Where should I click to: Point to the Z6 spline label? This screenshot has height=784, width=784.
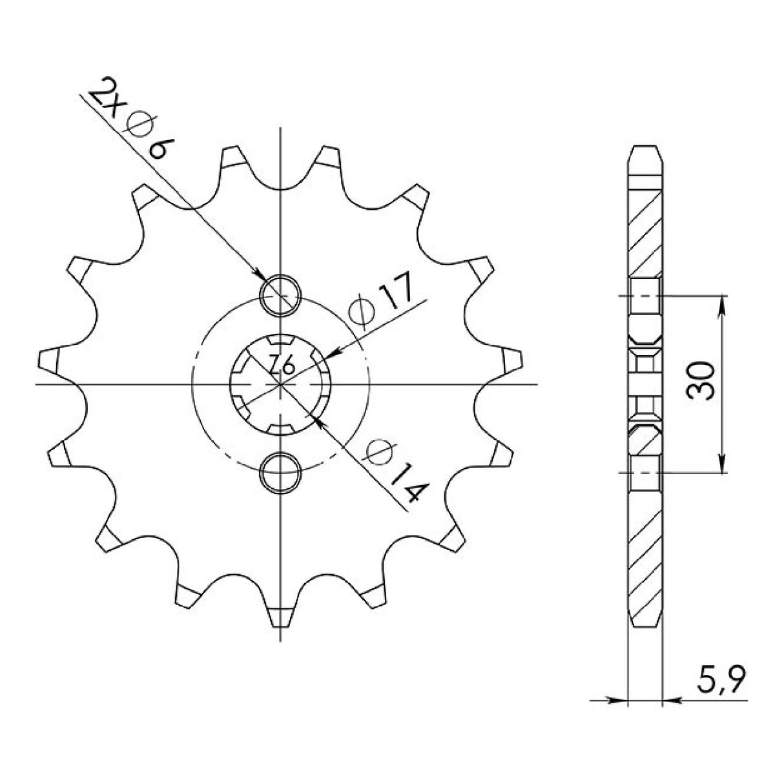pos(282,367)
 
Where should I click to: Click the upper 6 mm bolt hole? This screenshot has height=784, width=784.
pos(280,294)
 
